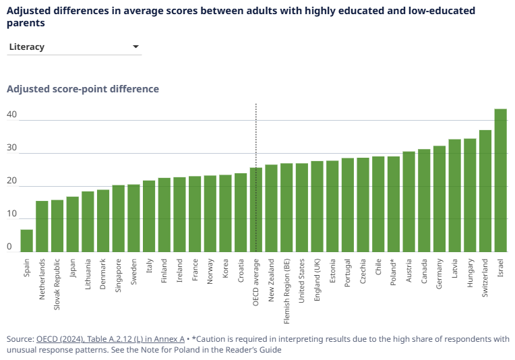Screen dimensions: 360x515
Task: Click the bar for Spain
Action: click(x=26, y=241)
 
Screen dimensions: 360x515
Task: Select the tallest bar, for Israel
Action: click(x=500, y=180)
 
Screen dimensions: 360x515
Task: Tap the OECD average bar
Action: click(x=256, y=210)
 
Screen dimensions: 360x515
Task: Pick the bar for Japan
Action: click(x=72, y=224)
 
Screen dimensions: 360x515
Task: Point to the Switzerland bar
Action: click(x=485, y=191)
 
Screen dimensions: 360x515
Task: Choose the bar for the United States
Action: click(x=302, y=208)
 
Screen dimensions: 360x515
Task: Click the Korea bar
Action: click(x=225, y=213)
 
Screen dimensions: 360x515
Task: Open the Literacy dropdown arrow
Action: click(x=135, y=47)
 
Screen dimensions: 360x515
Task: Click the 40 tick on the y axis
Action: click(x=11, y=115)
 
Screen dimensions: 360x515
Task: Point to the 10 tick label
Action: click(x=11, y=214)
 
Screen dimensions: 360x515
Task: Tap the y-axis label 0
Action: click(x=9, y=247)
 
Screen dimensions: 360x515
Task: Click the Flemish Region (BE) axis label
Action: click(x=286, y=282)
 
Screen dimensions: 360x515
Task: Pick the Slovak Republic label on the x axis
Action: click(x=57, y=283)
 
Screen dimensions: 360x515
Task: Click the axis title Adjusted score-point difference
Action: click(x=83, y=89)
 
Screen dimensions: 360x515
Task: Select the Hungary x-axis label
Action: click(x=470, y=274)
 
